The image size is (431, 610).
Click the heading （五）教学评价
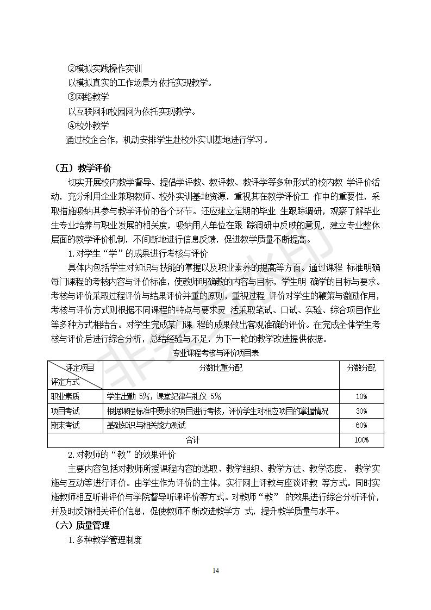pyautogui.click(x=83, y=168)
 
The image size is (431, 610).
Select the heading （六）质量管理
pyautogui.click(x=83, y=525)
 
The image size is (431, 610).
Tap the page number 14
pyautogui.click(x=216, y=570)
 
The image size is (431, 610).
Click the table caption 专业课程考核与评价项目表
pyautogui.click(x=215, y=353)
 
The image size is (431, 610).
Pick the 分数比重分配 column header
pyautogui.click(x=221, y=368)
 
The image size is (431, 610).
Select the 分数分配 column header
pyautogui.click(x=361, y=368)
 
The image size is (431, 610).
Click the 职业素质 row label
pyautogui.click(x=65, y=397)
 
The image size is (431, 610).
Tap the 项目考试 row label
pyautogui.click(x=65, y=411)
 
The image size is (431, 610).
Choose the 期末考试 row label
pyautogui.click(x=65, y=425)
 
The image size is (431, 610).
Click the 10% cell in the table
pyautogui.click(x=361, y=397)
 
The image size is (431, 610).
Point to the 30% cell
pyautogui.click(x=361, y=411)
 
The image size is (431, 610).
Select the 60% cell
pyautogui.click(x=361, y=425)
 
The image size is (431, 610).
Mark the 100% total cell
pyautogui.click(x=361, y=440)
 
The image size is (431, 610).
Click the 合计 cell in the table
pyautogui.click(x=193, y=440)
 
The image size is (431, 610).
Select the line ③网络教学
pyautogui.click(x=88, y=97)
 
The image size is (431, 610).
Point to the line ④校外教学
pyautogui.click(x=88, y=126)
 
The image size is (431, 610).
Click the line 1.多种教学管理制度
pyautogui.click(x=104, y=540)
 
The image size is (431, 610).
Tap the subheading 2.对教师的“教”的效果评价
pyautogui.click(x=121, y=455)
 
